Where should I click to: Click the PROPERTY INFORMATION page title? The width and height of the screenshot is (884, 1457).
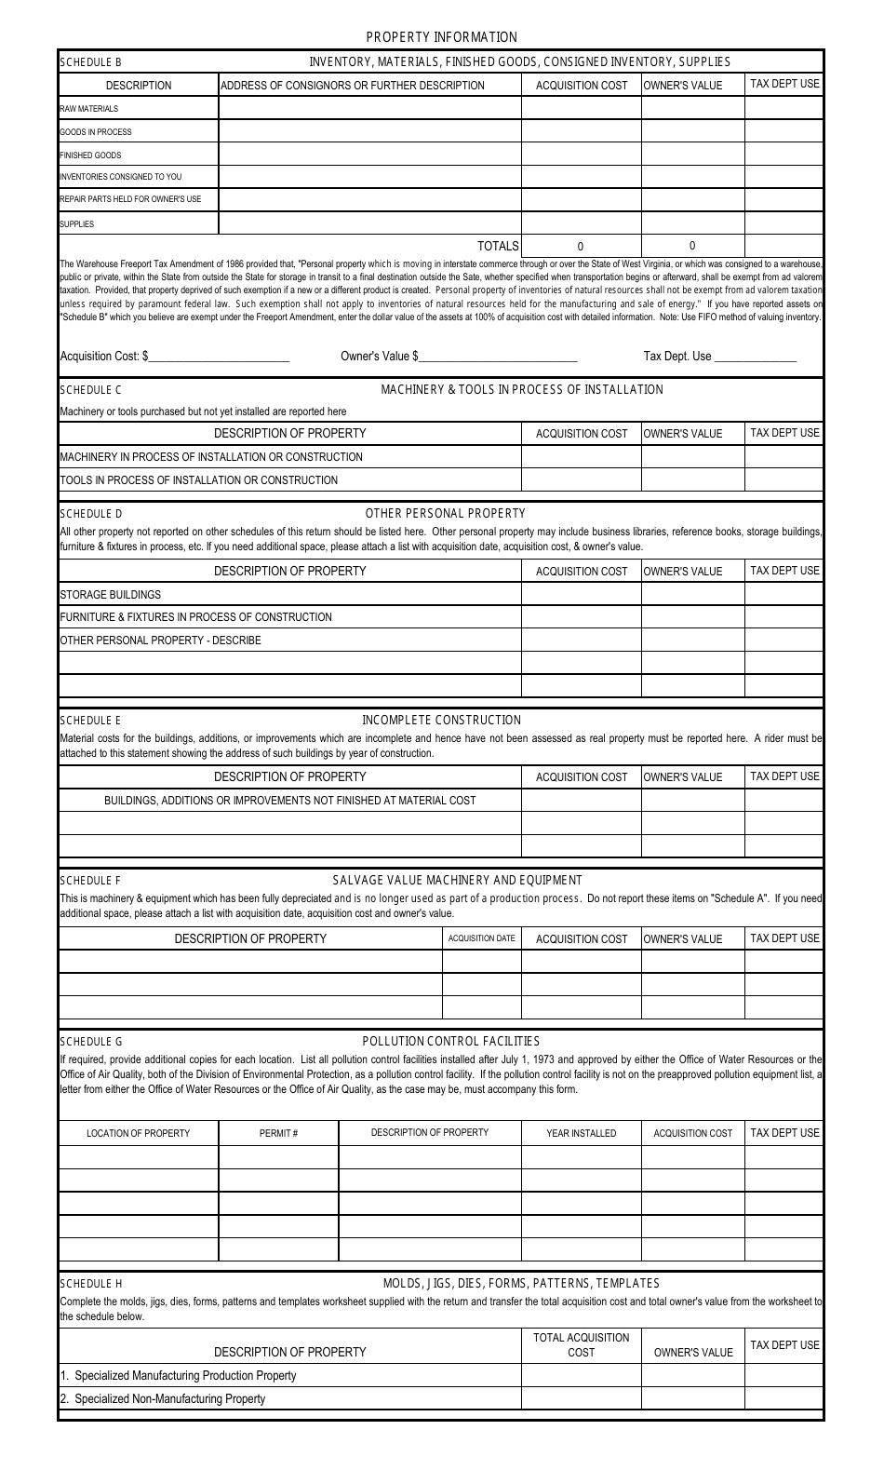(x=441, y=37)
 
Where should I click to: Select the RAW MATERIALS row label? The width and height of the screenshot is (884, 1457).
(x=89, y=109)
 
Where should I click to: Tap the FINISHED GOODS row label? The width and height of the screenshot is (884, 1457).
(x=90, y=155)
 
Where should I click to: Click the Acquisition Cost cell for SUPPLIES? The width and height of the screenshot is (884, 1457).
(x=581, y=223)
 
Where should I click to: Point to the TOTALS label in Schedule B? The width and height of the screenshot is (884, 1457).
(x=498, y=246)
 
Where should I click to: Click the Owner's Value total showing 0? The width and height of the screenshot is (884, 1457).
(x=691, y=246)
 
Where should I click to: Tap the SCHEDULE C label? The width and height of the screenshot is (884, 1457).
(x=91, y=389)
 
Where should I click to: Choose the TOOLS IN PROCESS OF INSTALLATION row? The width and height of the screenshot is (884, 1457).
(x=199, y=480)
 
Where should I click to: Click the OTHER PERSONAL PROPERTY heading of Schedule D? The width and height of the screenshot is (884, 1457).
(x=445, y=513)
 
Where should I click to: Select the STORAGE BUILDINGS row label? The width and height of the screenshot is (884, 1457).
(x=110, y=595)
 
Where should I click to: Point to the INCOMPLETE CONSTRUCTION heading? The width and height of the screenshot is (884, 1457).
(x=441, y=720)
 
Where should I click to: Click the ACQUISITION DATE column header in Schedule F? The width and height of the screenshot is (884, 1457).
(x=481, y=938)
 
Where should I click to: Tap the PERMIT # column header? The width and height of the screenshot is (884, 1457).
(x=278, y=1133)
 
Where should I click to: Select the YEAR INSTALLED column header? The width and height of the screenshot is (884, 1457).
(x=581, y=1133)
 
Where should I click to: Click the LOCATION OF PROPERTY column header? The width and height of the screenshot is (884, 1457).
(x=138, y=1133)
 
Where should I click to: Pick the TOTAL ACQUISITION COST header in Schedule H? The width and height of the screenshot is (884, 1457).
(x=581, y=1344)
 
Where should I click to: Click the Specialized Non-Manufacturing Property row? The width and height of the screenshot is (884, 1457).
(x=163, y=1398)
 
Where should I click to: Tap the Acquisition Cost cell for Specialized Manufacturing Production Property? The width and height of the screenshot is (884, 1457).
(x=581, y=1375)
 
